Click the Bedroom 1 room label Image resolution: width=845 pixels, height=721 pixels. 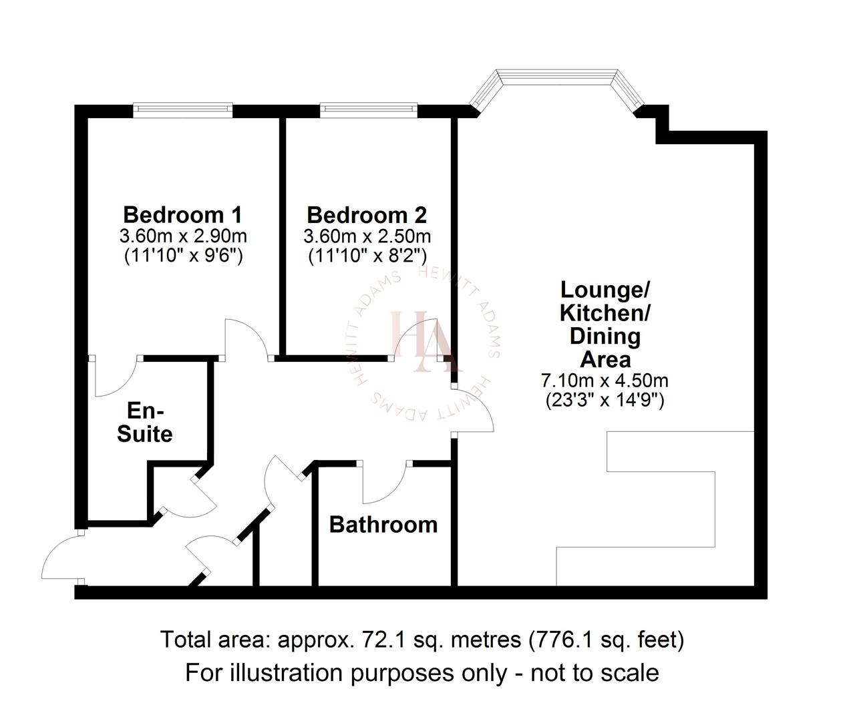point(182,215)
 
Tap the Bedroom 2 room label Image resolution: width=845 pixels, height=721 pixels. point(367,216)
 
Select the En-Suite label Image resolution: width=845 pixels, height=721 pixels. point(145,422)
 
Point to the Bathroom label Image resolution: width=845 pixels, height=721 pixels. point(383,525)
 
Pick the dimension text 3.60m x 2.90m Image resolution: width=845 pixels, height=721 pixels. point(182,236)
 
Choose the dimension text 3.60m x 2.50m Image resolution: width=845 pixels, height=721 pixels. point(367,236)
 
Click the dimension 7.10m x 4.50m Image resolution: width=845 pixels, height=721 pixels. point(605,381)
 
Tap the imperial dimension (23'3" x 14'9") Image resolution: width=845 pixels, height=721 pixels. point(605,400)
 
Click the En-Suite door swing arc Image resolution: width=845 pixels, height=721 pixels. point(114,381)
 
